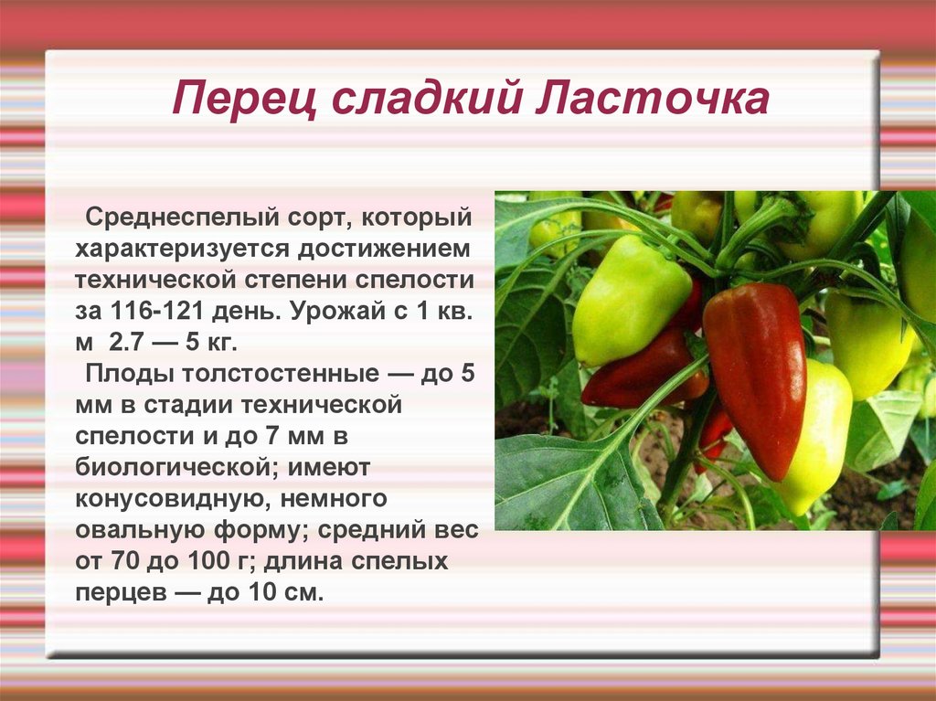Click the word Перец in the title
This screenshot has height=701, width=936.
click(x=245, y=99)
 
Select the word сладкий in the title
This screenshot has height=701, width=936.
click(x=426, y=99)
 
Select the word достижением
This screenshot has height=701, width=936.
click(x=384, y=249)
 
